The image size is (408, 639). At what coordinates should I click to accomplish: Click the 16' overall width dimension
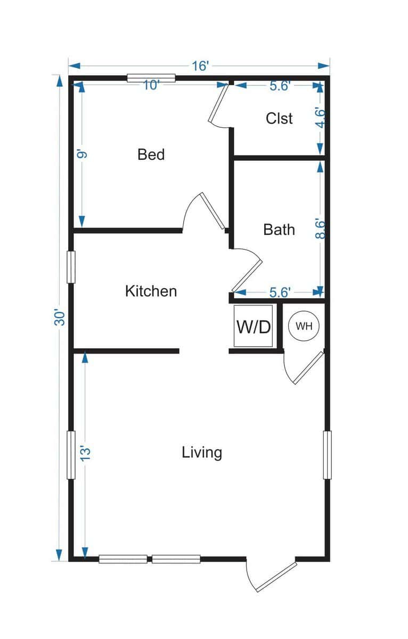pyautogui.click(x=200, y=65)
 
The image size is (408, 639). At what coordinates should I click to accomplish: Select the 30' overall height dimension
pyautogui.click(x=62, y=318)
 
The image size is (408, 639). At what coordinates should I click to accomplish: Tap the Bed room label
pyautogui.click(x=151, y=155)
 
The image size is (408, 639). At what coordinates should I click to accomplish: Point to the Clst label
pyautogui.click(x=279, y=118)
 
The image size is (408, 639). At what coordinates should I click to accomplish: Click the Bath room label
pyautogui.click(x=279, y=230)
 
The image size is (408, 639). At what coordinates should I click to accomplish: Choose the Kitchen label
pyautogui.click(x=151, y=291)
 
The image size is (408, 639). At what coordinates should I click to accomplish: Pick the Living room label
pyautogui.click(x=202, y=453)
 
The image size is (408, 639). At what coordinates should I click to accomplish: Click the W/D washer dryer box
pyautogui.click(x=254, y=326)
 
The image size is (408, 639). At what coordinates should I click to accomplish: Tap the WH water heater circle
pyautogui.click(x=304, y=326)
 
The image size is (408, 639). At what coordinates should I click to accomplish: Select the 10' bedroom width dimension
pyautogui.click(x=151, y=85)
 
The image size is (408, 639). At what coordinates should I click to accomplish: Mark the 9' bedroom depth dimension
pyautogui.click(x=81, y=155)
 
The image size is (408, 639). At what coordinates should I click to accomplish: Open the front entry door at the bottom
pyautogui.click(x=273, y=576)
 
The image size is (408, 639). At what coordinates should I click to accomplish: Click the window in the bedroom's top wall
pyautogui.click(x=151, y=78)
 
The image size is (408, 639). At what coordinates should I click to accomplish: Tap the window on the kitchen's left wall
pyautogui.click(x=71, y=267)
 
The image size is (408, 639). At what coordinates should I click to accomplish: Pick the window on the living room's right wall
pyautogui.click(x=327, y=455)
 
